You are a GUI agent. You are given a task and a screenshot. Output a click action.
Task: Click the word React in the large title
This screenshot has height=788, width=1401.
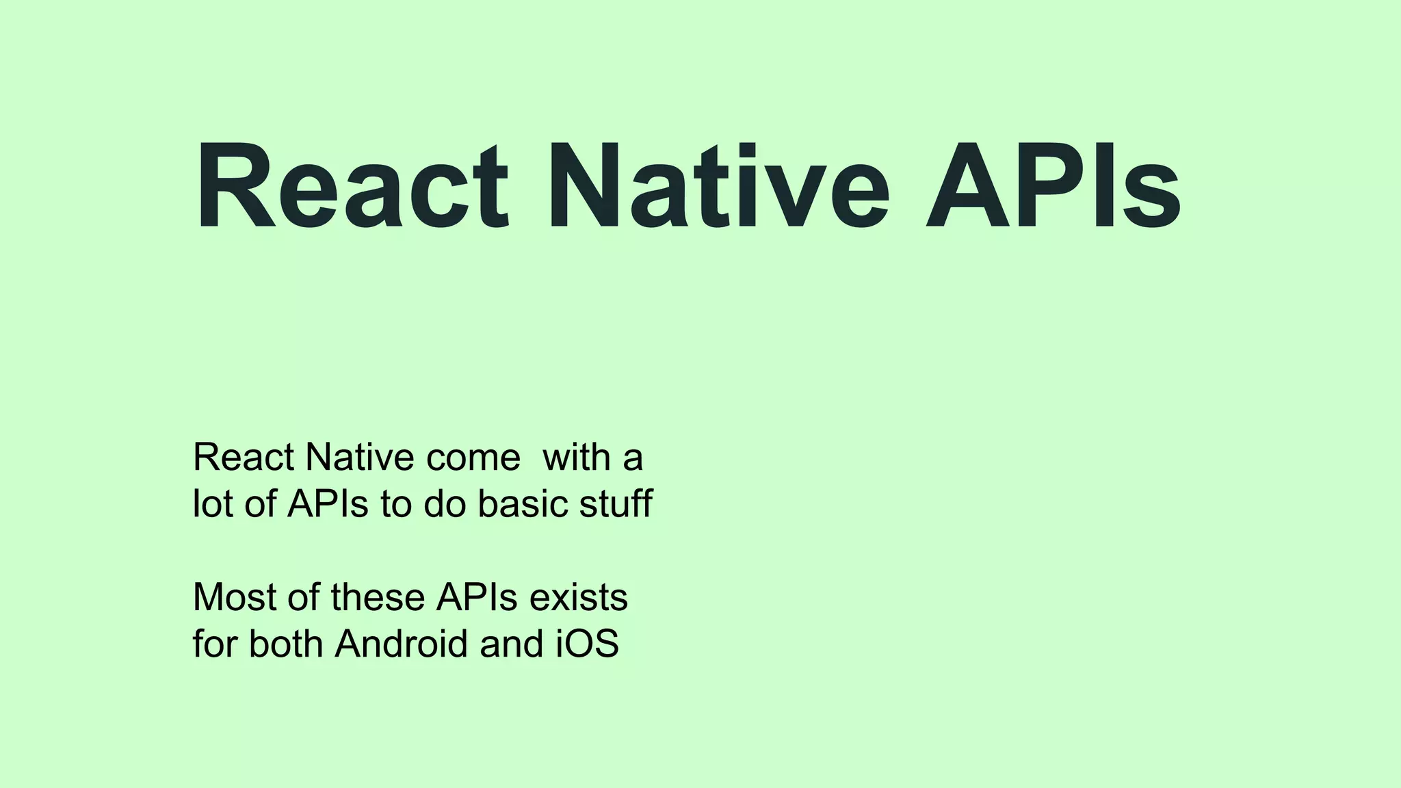tap(352, 186)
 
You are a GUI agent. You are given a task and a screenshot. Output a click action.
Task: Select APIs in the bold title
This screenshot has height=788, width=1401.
tap(1053, 186)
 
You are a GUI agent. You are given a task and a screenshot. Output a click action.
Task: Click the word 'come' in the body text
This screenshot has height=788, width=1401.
tap(473, 458)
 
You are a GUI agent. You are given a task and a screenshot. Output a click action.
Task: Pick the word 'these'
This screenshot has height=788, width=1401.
tap(378, 597)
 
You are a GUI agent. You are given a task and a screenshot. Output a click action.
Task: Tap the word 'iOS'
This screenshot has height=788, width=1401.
tap(586, 644)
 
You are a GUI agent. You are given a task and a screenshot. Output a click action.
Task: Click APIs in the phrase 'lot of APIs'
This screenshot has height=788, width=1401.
tap(328, 504)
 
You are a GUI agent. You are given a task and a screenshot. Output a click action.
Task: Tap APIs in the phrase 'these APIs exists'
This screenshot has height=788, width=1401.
tap(477, 597)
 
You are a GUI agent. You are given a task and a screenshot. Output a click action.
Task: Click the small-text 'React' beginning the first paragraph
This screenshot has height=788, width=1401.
tap(244, 458)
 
